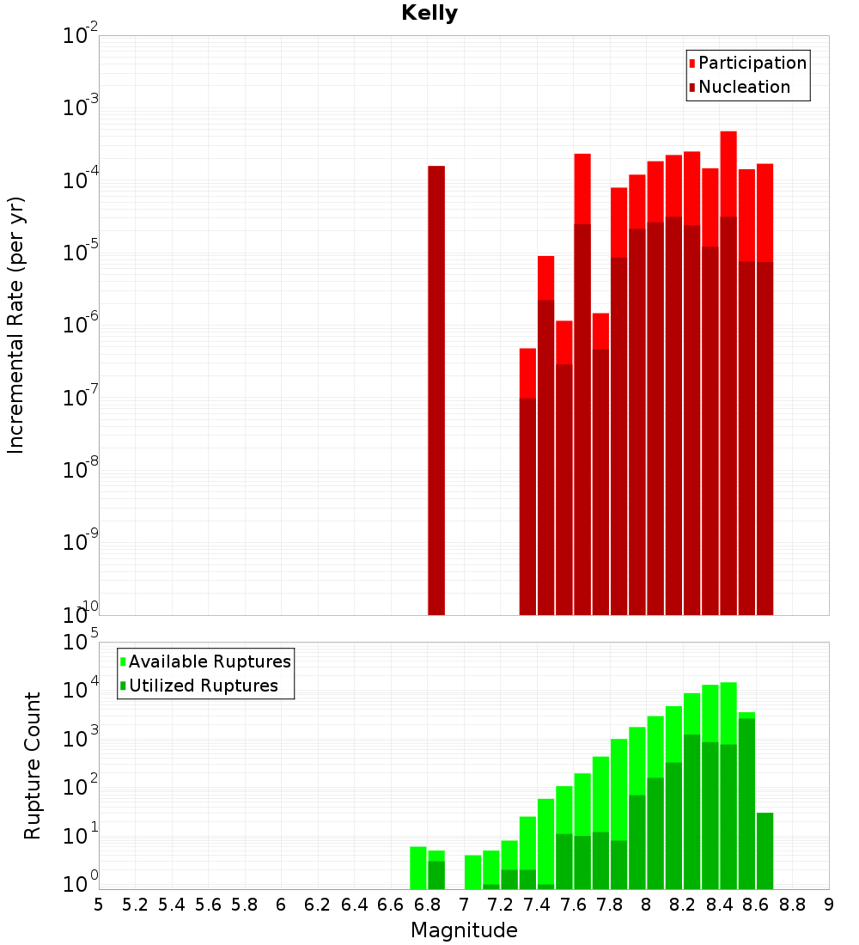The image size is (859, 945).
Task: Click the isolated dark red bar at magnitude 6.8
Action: click(436, 387)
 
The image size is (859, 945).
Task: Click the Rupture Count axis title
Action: click(33, 765)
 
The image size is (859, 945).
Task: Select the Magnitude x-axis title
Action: click(464, 930)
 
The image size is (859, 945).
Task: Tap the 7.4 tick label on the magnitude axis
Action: click(537, 904)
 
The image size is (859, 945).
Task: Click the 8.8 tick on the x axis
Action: click(792, 904)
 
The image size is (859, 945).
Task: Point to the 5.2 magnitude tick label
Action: click(135, 904)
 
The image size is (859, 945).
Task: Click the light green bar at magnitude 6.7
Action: click(418, 868)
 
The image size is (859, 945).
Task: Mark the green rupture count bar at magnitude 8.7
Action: click(765, 850)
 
